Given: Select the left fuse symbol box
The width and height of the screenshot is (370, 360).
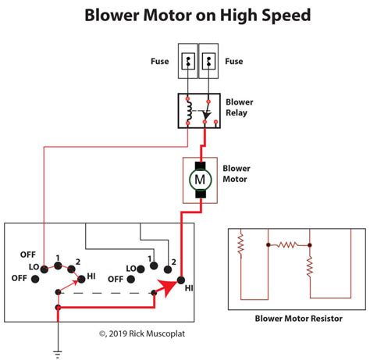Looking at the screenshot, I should (x=188, y=60).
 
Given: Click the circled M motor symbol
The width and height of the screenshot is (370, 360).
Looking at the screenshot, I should (x=198, y=180).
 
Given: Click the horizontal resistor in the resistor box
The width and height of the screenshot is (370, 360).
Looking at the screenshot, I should (x=288, y=244).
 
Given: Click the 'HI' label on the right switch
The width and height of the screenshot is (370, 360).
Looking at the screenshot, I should (x=188, y=287).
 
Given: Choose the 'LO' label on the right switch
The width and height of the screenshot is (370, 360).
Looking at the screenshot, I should (x=131, y=266).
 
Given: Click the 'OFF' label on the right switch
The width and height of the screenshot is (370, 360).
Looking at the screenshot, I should (x=116, y=278).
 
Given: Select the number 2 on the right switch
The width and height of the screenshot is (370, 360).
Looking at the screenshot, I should (x=173, y=261).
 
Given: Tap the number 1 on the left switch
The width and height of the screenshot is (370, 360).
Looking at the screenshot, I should (x=58, y=258).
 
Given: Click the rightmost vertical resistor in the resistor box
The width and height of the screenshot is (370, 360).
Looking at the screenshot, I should (x=310, y=268).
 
